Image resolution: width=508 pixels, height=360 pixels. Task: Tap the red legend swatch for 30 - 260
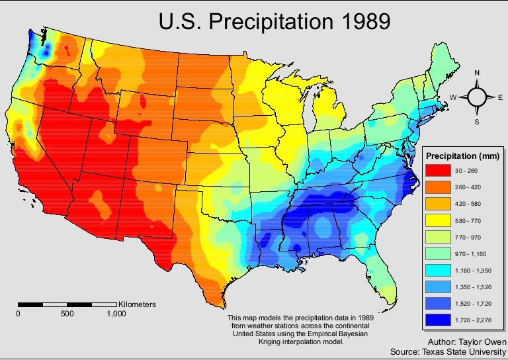pyautogui.click(x=439, y=171)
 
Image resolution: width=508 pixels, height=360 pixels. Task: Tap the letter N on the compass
pyautogui.click(x=476, y=73)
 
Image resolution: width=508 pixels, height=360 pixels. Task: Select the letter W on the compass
pyautogui.click(x=453, y=97)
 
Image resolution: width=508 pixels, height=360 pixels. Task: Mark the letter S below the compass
pyautogui.click(x=476, y=122)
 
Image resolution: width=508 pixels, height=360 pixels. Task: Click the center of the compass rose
pyautogui.click(x=476, y=97)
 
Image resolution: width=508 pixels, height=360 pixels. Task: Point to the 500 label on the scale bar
pyautogui.click(x=67, y=314)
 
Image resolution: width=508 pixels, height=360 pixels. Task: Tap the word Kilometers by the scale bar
pyautogui.click(x=137, y=304)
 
